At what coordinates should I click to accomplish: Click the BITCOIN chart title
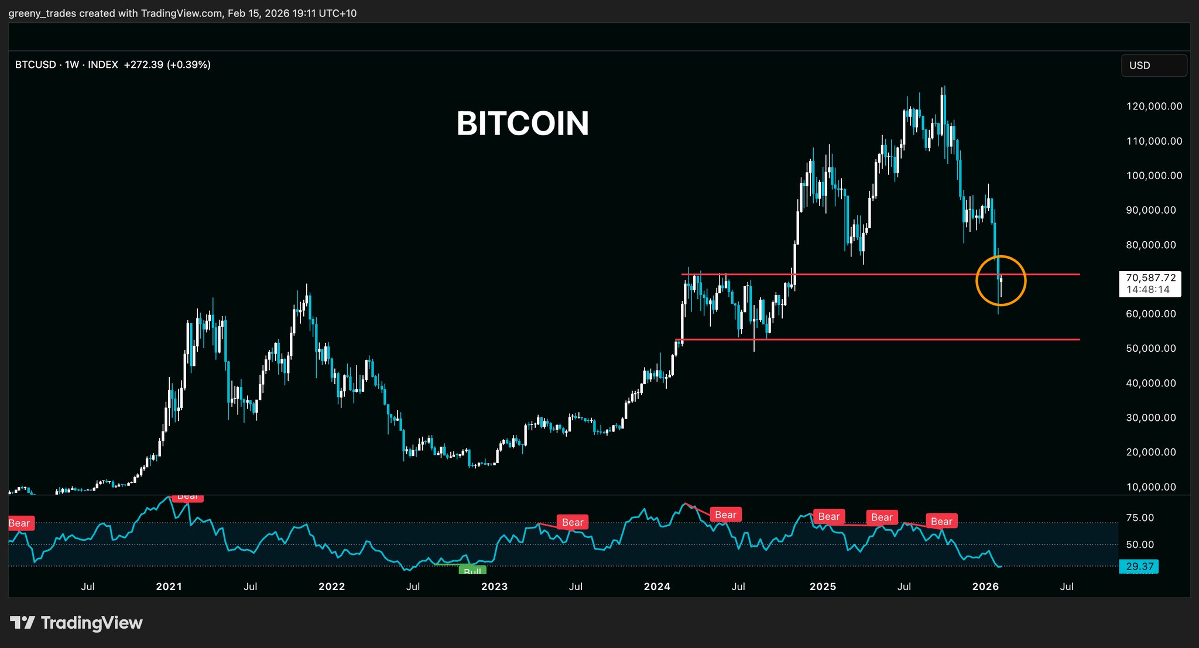click(x=522, y=124)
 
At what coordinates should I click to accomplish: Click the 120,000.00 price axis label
click(x=1154, y=107)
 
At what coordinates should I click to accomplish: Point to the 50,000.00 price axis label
click(x=1151, y=348)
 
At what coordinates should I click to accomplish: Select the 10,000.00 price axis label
click(x=1151, y=487)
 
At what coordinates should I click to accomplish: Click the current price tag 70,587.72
click(x=1150, y=278)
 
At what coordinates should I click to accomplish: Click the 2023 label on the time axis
click(x=494, y=587)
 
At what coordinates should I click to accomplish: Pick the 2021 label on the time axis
click(x=169, y=587)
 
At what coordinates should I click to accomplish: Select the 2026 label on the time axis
click(x=985, y=587)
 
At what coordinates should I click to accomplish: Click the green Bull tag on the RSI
click(x=472, y=571)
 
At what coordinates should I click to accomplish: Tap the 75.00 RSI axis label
click(x=1140, y=518)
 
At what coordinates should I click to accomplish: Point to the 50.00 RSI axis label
click(x=1140, y=545)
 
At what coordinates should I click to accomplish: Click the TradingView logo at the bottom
click(x=76, y=623)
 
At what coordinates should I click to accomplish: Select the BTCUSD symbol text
click(x=36, y=65)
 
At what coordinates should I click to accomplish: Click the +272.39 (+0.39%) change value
click(x=167, y=65)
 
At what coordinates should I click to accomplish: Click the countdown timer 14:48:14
click(x=1148, y=290)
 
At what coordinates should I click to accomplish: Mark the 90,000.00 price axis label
click(x=1151, y=210)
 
